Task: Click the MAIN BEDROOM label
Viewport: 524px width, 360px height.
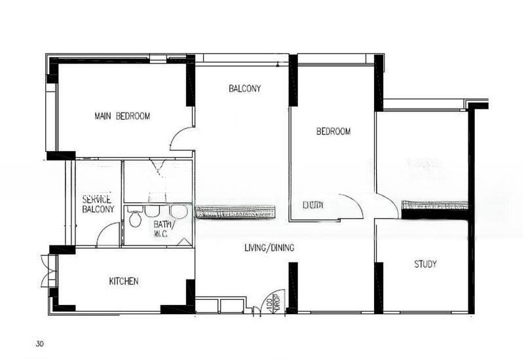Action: (x=122, y=117)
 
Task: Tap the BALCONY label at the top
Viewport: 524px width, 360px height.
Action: (x=245, y=88)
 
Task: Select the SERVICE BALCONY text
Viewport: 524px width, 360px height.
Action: (x=98, y=204)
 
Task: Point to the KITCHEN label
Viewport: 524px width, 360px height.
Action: (x=124, y=281)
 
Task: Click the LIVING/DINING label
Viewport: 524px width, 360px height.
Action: (x=269, y=248)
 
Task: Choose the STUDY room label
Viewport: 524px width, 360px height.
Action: (x=425, y=264)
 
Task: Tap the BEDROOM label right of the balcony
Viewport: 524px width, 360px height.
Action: (x=333, y=132)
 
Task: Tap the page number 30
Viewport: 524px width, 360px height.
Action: (x=40, y=343)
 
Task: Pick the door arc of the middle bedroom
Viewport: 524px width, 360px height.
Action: (x=352, y=205)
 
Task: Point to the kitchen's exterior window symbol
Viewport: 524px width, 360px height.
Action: (x=47, y=271)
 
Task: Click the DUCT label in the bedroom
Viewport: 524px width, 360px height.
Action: (x=312, y=205)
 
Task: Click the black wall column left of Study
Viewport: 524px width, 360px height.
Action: (x=379, y=287)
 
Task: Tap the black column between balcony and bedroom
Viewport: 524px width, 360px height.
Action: (x=293, y=80)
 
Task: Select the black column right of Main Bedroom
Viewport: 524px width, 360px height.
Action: (x=191, y=81)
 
